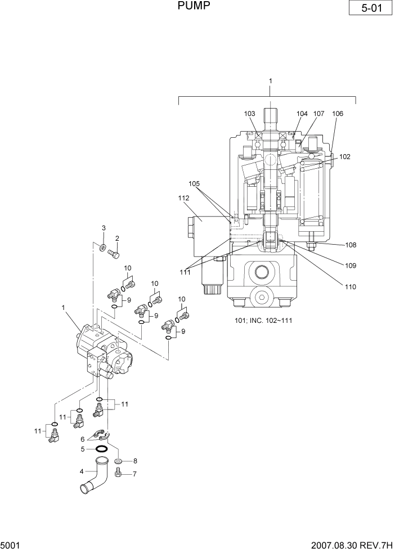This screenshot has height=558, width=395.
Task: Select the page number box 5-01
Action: (x=369, y=9)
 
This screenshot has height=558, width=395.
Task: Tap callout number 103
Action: (x=250, y=114)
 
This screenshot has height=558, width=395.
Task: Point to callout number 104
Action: (x=302, y=114)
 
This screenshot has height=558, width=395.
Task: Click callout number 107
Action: (x=319, y=114)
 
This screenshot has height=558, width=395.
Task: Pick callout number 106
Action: (x=338, y=114)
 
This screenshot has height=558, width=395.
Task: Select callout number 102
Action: (x=345, y=157)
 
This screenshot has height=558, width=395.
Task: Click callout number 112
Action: (x=185, y=198)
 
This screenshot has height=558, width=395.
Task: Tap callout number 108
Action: (x=351, y=245)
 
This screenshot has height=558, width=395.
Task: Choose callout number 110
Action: (x=351, y=286)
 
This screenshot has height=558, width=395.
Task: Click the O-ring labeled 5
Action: (x=102, y=449)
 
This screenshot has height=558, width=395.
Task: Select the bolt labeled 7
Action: (x=119, y=474)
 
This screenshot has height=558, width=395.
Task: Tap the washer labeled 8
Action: (x=119, y=462)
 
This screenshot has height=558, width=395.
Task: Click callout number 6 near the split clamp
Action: (x=82, y=439)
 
